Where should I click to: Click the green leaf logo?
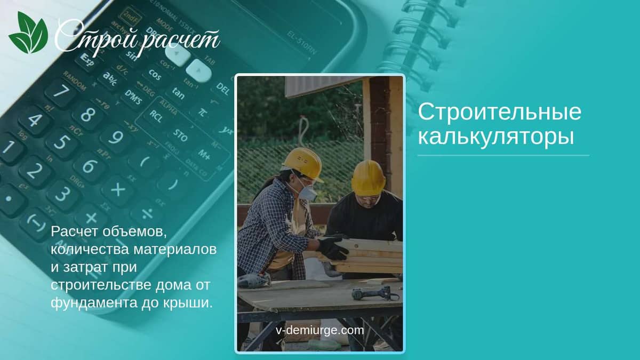(x=29, y=33)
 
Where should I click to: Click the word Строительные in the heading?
(x=500, y=112)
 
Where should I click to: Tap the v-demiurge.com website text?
(x=319, y=330)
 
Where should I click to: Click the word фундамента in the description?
(x=94, y=303)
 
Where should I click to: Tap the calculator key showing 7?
(x=61, y=92)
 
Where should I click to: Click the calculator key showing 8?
(x=87, y=115)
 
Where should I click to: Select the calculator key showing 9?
(x=116, y=138)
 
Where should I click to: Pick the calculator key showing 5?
(x=62, y=142)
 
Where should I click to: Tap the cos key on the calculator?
(x=155, y=75)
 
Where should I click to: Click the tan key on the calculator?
(x=178, y=93)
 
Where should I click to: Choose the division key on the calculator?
(x=147, y=214)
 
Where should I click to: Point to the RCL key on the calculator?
(x=156, y=116)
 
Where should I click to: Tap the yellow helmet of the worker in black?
(x=369, y=177)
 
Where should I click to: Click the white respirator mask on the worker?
(x=307, y=192)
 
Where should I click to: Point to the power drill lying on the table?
(x=374, y=293)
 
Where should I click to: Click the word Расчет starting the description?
(x=74, y=231)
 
